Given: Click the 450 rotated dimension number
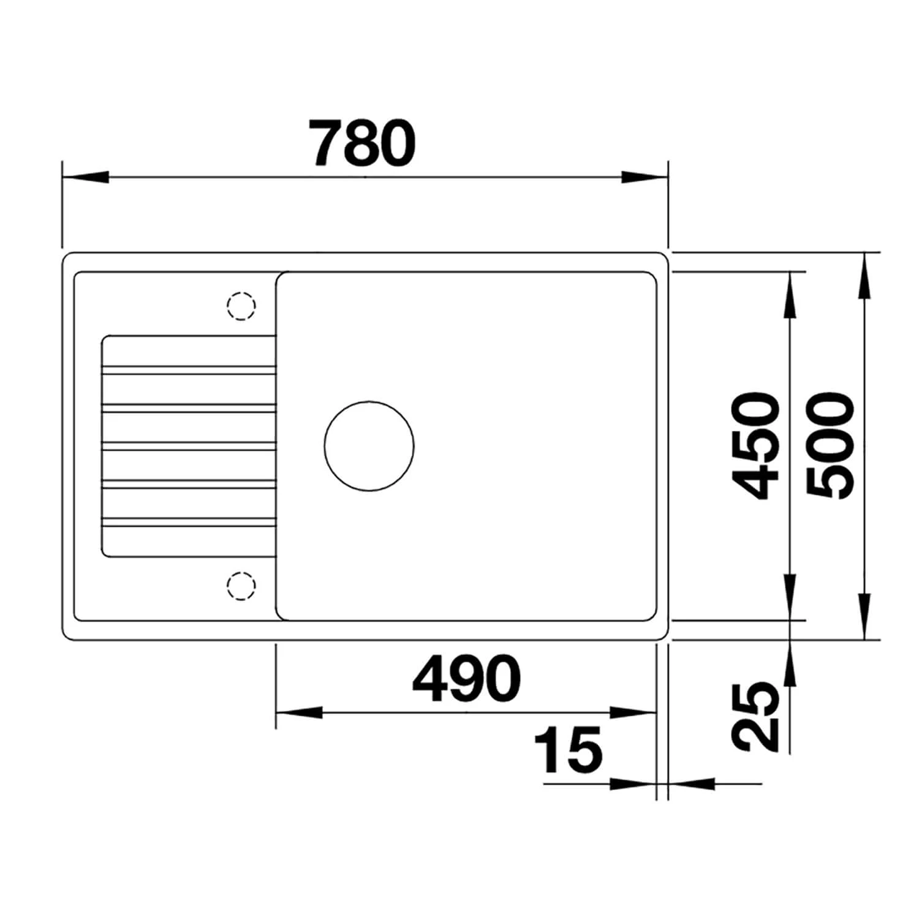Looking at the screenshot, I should pos(757,445).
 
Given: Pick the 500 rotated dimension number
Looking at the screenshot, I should pos(830,445).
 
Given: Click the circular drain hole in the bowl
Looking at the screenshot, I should pos(369,445).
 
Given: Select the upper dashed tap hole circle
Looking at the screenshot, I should pos(241,305).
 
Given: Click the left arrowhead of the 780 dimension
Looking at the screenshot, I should pos(86,178).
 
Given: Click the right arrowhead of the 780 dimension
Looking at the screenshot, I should pos(645,178).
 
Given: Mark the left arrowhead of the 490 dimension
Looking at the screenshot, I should pos(299,713).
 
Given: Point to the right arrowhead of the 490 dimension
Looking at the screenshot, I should pos(633,713).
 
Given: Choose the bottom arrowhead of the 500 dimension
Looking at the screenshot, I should pos(864,616).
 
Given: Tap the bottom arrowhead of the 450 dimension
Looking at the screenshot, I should pos(790,597).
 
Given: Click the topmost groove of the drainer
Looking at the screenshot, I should pos(189,369).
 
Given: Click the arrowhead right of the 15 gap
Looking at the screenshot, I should pos(692,783).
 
